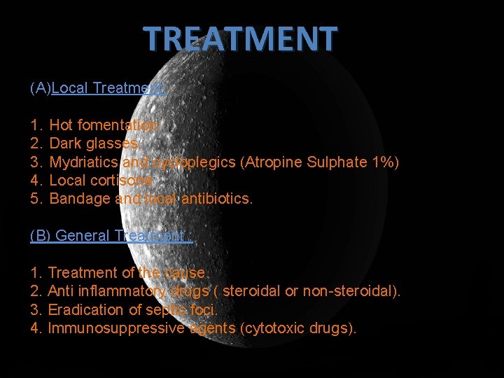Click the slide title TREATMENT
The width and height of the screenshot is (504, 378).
(241, 40)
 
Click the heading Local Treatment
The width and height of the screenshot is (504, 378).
(108, 88)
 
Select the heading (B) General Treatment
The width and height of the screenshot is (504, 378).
(111, 236)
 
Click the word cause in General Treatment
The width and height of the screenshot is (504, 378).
(185, 273)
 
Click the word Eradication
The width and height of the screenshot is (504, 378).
(83, 309)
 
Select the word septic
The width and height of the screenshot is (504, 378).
(162, 310)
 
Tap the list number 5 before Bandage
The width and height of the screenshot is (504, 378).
(36, 199)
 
